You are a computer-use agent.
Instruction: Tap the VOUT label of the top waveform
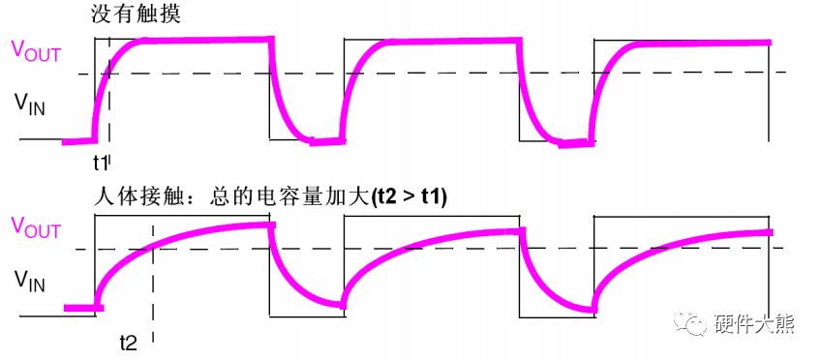(37, 51)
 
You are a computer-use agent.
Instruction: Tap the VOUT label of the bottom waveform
(37, 228)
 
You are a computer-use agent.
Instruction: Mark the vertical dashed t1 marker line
(109, 106)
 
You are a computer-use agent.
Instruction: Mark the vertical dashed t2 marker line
(153, 290)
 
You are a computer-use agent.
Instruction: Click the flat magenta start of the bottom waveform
(81, 309)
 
